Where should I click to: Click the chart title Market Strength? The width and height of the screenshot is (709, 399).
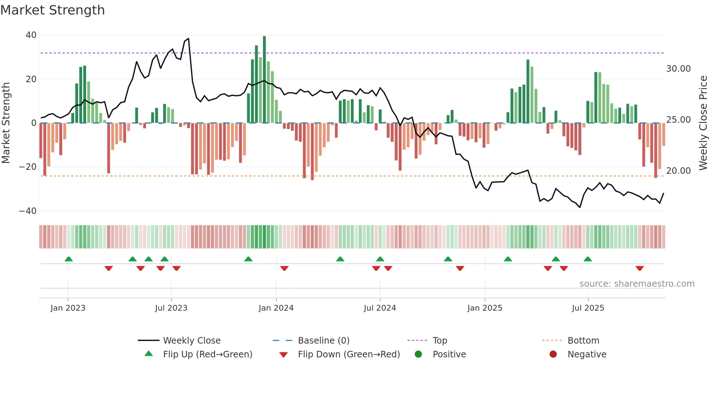[52, 10]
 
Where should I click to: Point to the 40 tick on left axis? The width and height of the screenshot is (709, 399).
[31, 35]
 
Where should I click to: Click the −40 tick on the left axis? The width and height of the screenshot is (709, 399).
[28, 211]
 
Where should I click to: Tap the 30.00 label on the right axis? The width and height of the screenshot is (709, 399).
[678, 69]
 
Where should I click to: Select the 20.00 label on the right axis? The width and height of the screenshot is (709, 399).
[678, 171]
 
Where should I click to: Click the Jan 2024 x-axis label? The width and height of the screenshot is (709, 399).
[276, 308]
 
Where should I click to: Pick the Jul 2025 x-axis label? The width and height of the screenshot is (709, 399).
[588, 308]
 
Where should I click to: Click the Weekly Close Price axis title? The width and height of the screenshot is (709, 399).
[703, 123]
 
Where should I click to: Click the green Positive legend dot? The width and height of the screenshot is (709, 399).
[419, 354]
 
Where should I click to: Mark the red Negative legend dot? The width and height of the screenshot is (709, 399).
[553, 354]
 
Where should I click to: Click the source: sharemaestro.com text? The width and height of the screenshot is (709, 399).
[637, 284]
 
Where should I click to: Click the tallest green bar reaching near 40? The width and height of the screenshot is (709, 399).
[264, 80]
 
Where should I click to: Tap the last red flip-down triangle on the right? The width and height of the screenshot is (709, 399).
[640, 268]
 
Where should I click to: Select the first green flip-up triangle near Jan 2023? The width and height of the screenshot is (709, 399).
[69, 259]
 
